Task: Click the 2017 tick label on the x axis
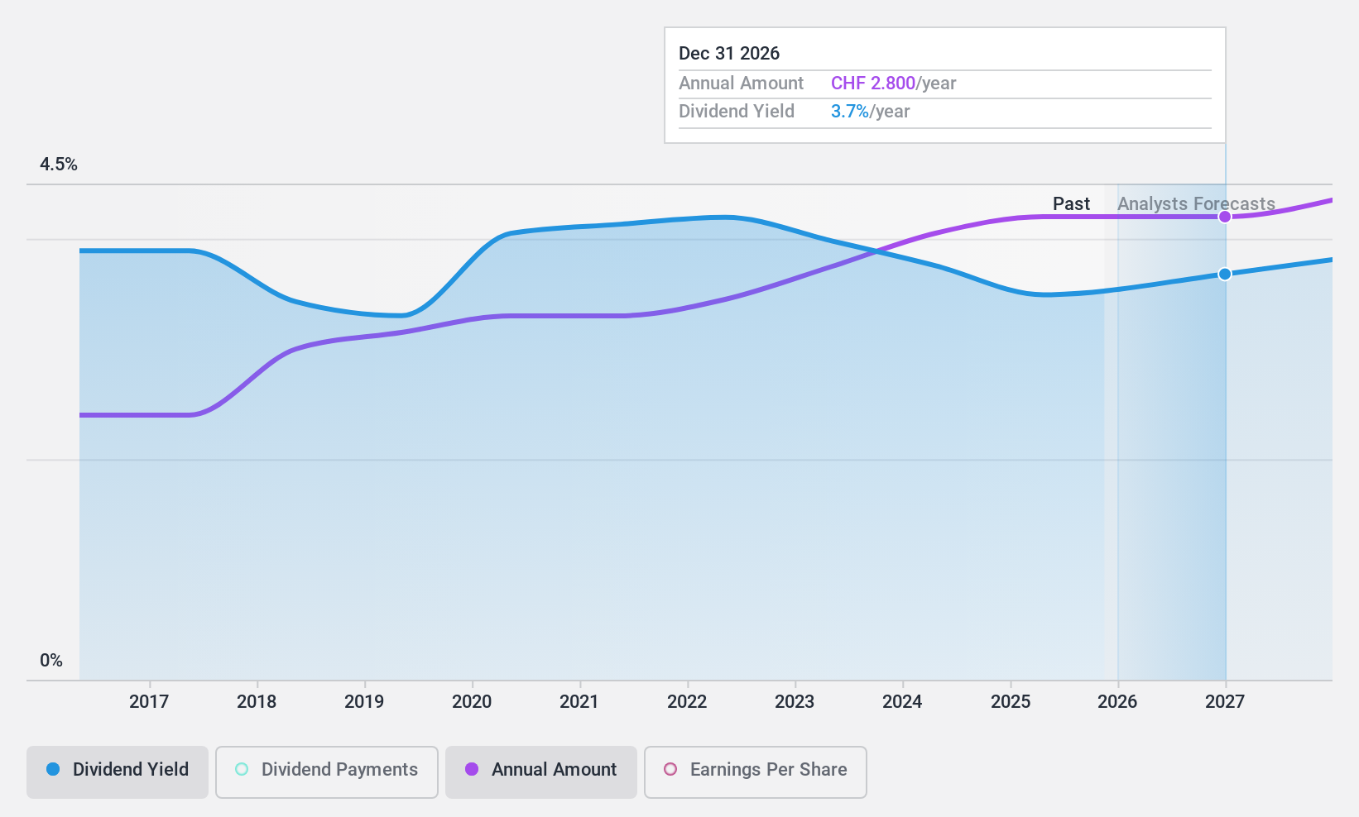click(x=149, y=701)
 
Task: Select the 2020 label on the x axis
click(x=472, y=701)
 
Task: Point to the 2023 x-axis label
click(x=795, y=701)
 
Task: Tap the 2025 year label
click(x=1011, y=701)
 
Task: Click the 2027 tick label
click(x=1225, y=701)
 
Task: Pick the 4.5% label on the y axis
click(x=59, y=165)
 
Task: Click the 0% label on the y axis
click(x=51, y=660)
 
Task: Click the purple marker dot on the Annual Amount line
click(x=1225, y=217)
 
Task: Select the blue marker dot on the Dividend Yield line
click(x=1225, y=274)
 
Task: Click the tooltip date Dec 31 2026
click(x=729, y=54)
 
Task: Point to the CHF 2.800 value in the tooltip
click(x=872, y=84)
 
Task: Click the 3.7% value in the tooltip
click(x=849, y=112)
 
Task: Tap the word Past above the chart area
click(x=1071, y=203)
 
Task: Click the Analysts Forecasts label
click(x=1196, y=203)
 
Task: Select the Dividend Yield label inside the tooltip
click(x=737, y=112)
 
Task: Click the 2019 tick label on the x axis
click(x=364, y=701)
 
